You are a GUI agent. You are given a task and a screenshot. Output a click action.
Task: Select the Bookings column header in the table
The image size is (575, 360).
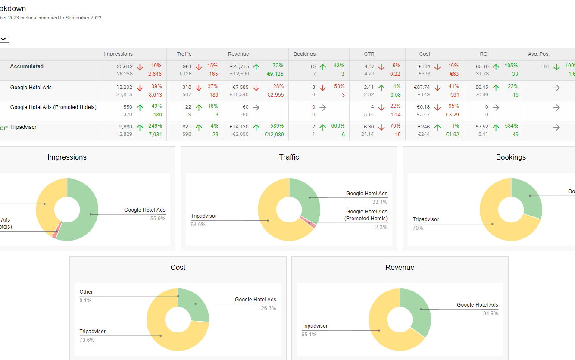tap(304, 54)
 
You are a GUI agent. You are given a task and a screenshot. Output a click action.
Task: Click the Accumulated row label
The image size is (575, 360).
tap(27, 66)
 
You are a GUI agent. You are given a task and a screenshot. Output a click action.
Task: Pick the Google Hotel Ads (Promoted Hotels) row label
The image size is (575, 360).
tap(53, 107)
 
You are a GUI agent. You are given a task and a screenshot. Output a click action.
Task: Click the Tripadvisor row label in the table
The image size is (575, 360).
tap(23, 127)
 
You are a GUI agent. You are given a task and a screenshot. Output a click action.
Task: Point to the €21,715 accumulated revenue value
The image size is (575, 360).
tap(239, 66)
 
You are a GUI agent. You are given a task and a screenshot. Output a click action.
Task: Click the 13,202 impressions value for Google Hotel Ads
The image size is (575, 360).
tap(125, 87)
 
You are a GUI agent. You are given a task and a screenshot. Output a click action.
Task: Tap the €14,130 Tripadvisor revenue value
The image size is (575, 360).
tap(239, 127)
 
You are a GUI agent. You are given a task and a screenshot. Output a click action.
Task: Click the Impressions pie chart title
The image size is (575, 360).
tap(67, 157)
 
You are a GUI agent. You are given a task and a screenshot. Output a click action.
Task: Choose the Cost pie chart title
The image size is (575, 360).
tap(178, 267)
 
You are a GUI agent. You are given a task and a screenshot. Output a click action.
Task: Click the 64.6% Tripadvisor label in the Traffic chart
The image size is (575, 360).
tap(198, 225)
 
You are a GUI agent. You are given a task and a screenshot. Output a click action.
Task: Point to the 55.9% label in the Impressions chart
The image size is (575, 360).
tap(157, 219)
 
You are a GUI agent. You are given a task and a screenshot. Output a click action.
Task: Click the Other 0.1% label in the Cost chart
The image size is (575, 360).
tap(86, 296)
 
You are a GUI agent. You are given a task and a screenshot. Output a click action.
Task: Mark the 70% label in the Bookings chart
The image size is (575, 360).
tap(418, 228)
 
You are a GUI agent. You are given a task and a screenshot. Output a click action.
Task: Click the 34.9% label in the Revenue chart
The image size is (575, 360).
tap(490, 313)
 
